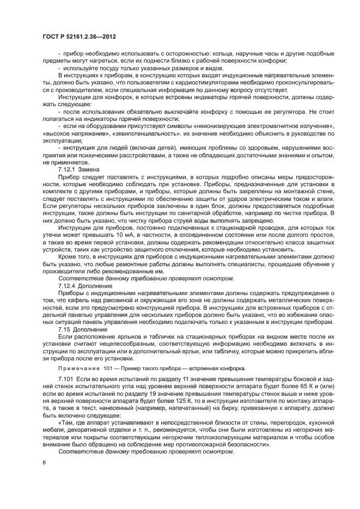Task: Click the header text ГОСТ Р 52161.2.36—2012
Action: pyautogui.click(x=80, y=36)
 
